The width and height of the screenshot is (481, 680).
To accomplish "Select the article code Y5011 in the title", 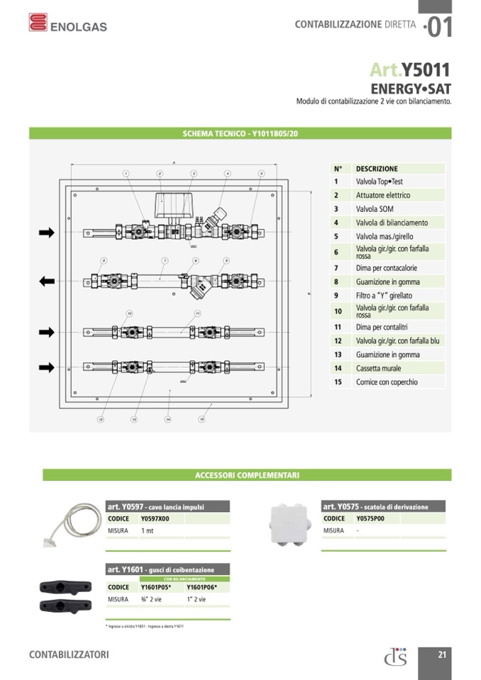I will [426, 69].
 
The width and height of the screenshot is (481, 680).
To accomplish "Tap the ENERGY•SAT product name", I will [411, 89].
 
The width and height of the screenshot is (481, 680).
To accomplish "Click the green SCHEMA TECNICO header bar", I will [240, 133].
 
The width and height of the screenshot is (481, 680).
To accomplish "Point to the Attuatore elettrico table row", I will [383, 195].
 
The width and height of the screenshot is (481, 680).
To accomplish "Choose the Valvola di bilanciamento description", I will [392, 223].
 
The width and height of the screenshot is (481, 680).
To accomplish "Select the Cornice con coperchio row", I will [387, 382].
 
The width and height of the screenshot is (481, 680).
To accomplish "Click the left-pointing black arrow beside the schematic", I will [47, 282].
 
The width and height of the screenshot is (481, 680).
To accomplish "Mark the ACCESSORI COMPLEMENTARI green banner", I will [247, 475].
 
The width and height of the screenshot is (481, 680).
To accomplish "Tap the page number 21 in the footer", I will [442, 654].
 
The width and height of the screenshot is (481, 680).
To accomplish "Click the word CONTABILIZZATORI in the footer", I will [69, 654].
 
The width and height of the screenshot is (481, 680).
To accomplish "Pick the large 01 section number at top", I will [438, 27].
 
